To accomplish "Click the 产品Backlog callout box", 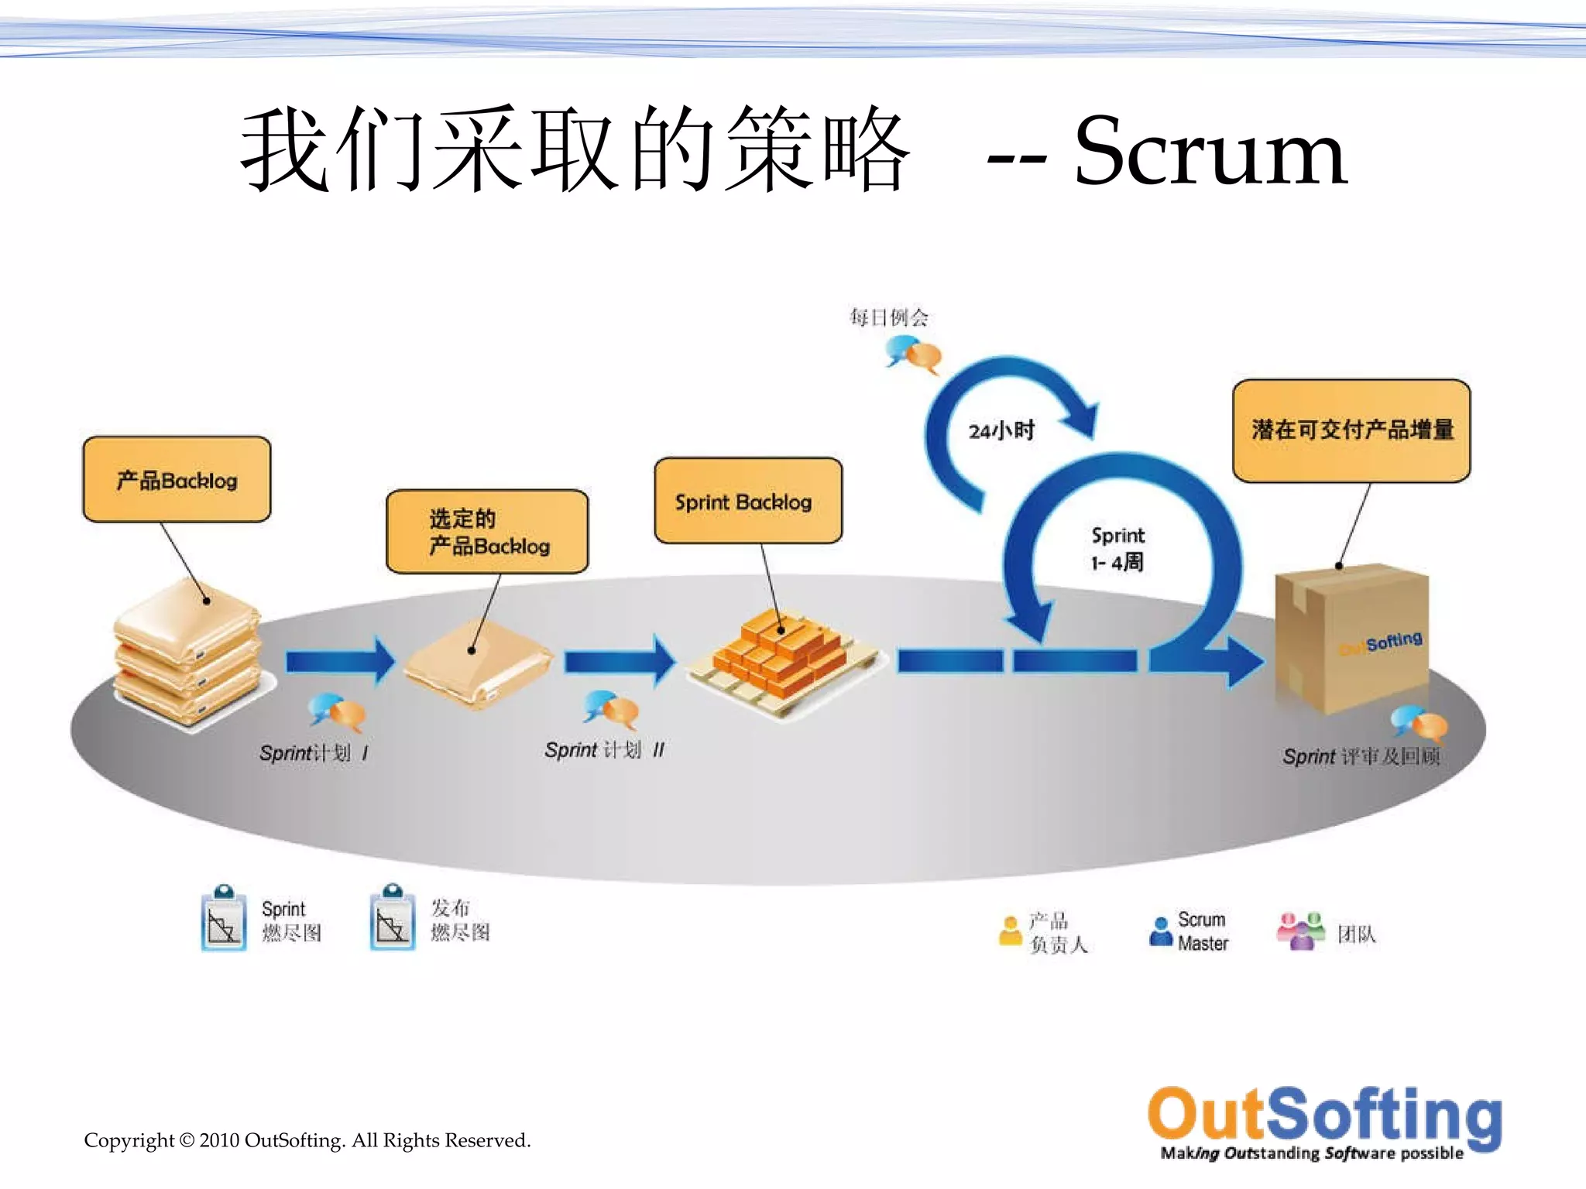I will coord(177,480).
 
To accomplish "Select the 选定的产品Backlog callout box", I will coord(487,532).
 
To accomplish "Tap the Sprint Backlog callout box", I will coord(747,502).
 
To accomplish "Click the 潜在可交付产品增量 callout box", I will coord(1351,430).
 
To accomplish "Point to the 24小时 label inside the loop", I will coord(1001,430).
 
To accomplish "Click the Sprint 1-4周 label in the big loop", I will coord(1117,548).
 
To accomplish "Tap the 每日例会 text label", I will coord(888,317).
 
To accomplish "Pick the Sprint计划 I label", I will coord(314,752).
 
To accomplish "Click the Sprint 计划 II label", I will coord(604,749).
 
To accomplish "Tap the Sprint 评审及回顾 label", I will coord(1361,756).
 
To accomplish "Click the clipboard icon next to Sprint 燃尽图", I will coord(224,919).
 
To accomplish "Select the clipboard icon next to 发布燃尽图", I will coord(393,919).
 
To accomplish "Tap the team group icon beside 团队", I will coord(1300,931).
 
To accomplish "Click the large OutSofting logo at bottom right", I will coord(1324,1122).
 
